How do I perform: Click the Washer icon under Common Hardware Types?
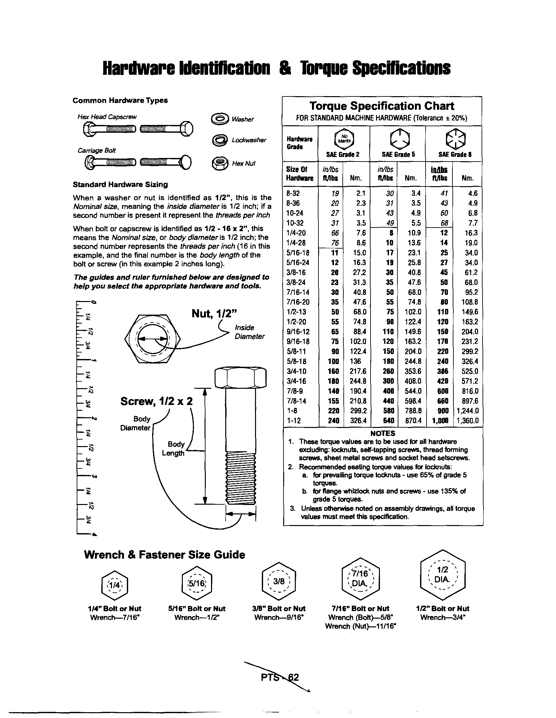click(x=220, y=119)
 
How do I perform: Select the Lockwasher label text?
click(x=249, y=140)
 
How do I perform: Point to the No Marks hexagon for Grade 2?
click(x=344, y=139)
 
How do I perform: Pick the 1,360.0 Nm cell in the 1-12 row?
click(x=467, y=421)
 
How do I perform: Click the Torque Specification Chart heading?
click(x=382, y=106)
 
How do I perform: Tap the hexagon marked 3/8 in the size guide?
click(x=279, y=581)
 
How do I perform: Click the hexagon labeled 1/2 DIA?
click(x=443, y=575)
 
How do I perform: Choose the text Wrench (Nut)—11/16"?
click(x=360, y=626)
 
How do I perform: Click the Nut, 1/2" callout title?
click(x=214, y=314)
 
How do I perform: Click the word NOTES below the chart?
click(x=383, y=433)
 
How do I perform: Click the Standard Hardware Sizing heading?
click(x=120, y=185)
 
